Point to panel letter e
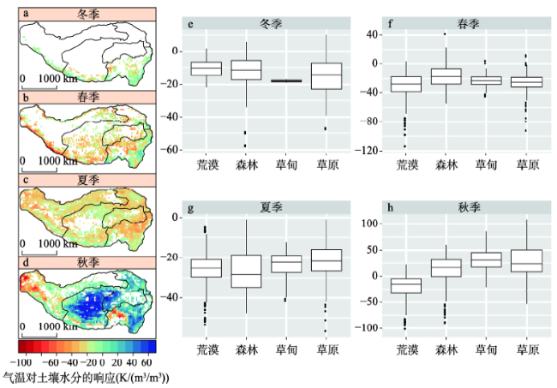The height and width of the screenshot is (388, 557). [198, 25]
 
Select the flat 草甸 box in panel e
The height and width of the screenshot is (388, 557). [286, 81]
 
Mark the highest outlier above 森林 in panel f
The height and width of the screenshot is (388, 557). [445, 34]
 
